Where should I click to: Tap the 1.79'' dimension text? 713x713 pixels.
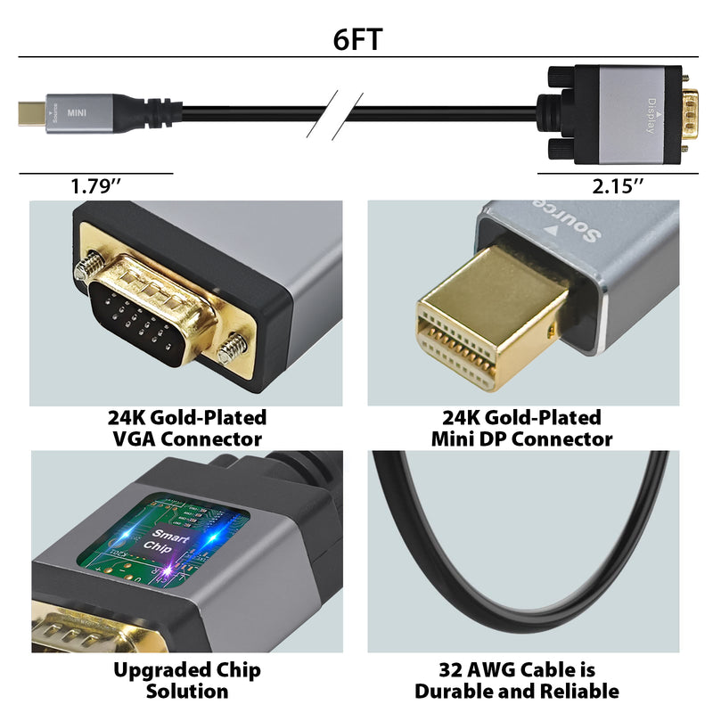[95, 187]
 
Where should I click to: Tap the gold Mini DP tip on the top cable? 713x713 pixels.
[27, 113]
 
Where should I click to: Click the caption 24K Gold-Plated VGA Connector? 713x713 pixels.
[186, 428]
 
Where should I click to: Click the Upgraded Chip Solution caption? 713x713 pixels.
[186, 680]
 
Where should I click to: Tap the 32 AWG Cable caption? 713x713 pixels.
[516, 680]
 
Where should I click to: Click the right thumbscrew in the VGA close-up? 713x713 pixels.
[234, 346]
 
